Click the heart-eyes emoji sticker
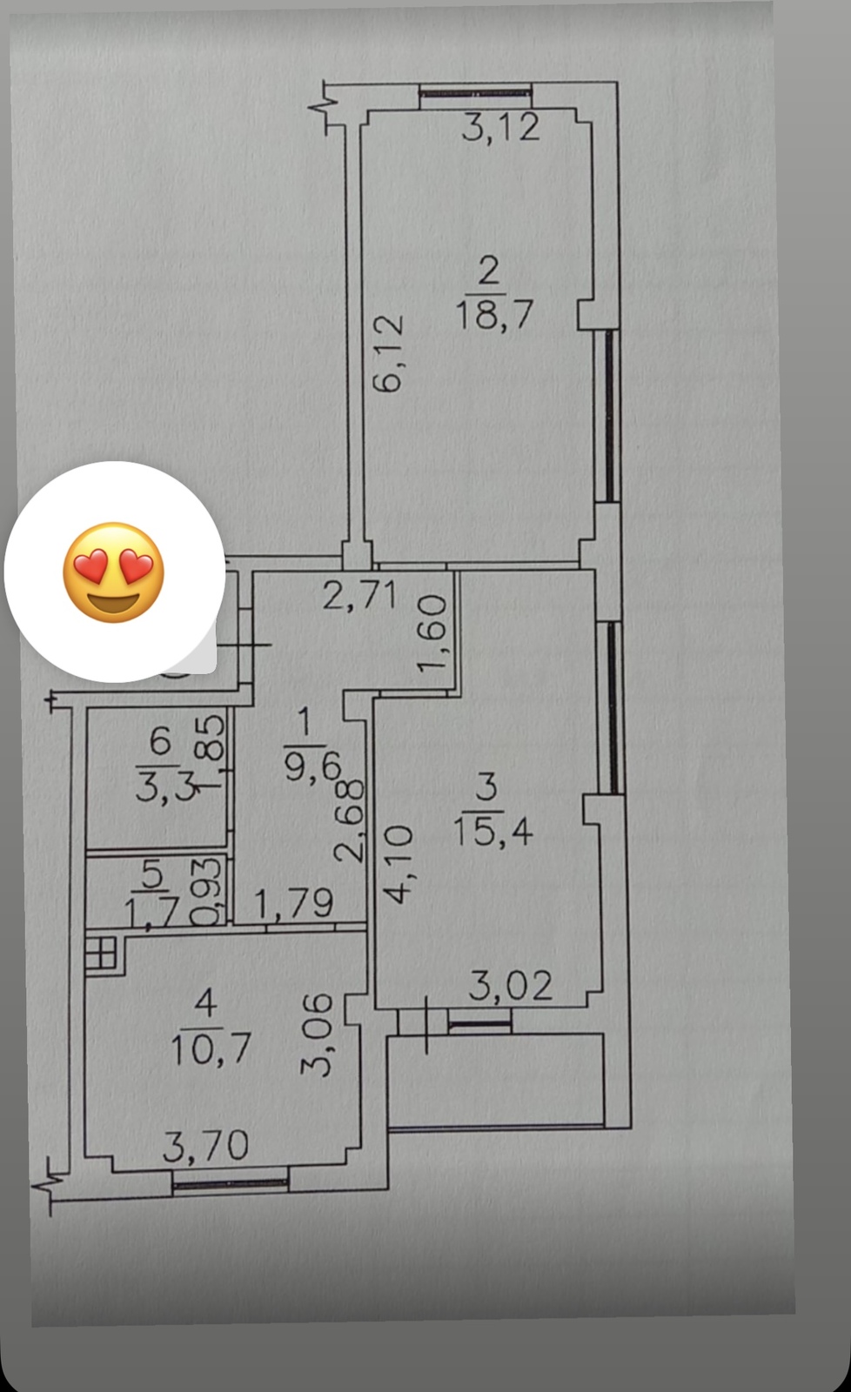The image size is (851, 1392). pyautogui.click(x=114, y=572)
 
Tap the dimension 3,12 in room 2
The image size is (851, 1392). pyautogui.click(x=500, y=128)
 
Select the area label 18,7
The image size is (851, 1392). pyautogui.click(x=495, y=314)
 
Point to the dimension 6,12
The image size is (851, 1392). pyautogui.click(x=388, y=353)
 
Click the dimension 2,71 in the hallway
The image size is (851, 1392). pyautogui.click(x=359, y=595)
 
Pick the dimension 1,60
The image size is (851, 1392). pyautogui.click(x=432, y=633)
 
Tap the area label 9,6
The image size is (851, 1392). pyautogui.click(x=313, y=769)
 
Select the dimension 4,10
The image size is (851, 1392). pyautogui.click(x=398, y=864)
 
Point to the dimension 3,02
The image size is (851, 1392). pyautogui.click(x=511, y=986)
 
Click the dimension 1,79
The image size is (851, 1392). pyautogui.click(x=294, y=904)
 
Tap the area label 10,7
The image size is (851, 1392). pyautogui.click(x=211, y=1049)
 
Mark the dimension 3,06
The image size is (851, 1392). pyautogui.click(x=317, y=1034)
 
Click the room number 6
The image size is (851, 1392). pyautogui.click(x=160, y=741)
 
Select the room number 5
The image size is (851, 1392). pyautogui.click(x=151, y=873)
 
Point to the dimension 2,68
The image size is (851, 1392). pyautogui.click(x=349, y=820)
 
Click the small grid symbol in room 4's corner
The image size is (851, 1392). pyautogui.click(x=101, y=953)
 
